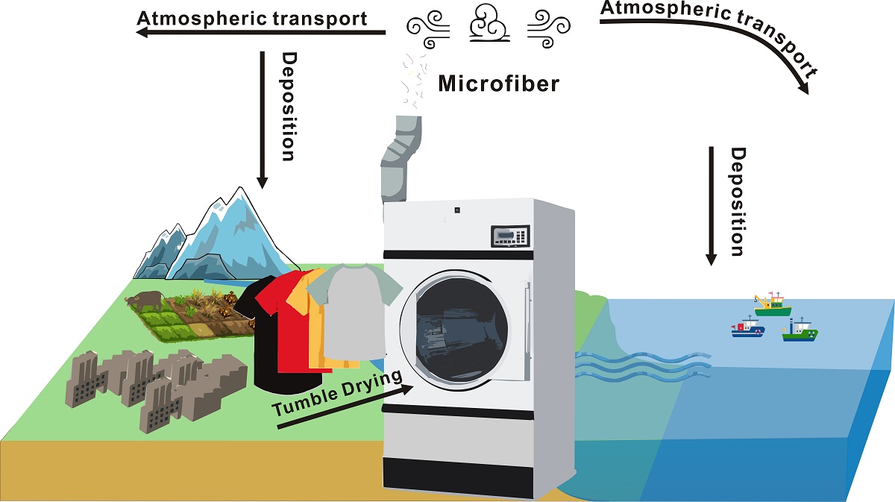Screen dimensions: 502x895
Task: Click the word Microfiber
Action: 498,84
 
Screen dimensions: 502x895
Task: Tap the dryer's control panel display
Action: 510,236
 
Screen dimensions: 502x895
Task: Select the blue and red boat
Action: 748,328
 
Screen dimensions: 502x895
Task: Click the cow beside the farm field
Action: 146,301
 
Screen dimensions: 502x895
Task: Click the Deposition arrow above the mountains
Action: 262,119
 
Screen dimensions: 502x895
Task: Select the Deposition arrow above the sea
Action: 712,205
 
